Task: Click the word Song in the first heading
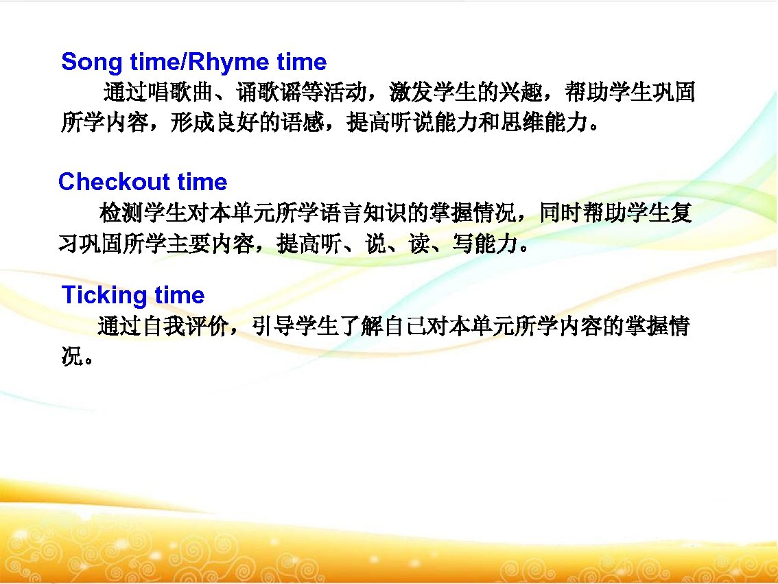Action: (86, 62)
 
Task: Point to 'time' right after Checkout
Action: (202, 182)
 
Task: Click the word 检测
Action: (121, 213)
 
